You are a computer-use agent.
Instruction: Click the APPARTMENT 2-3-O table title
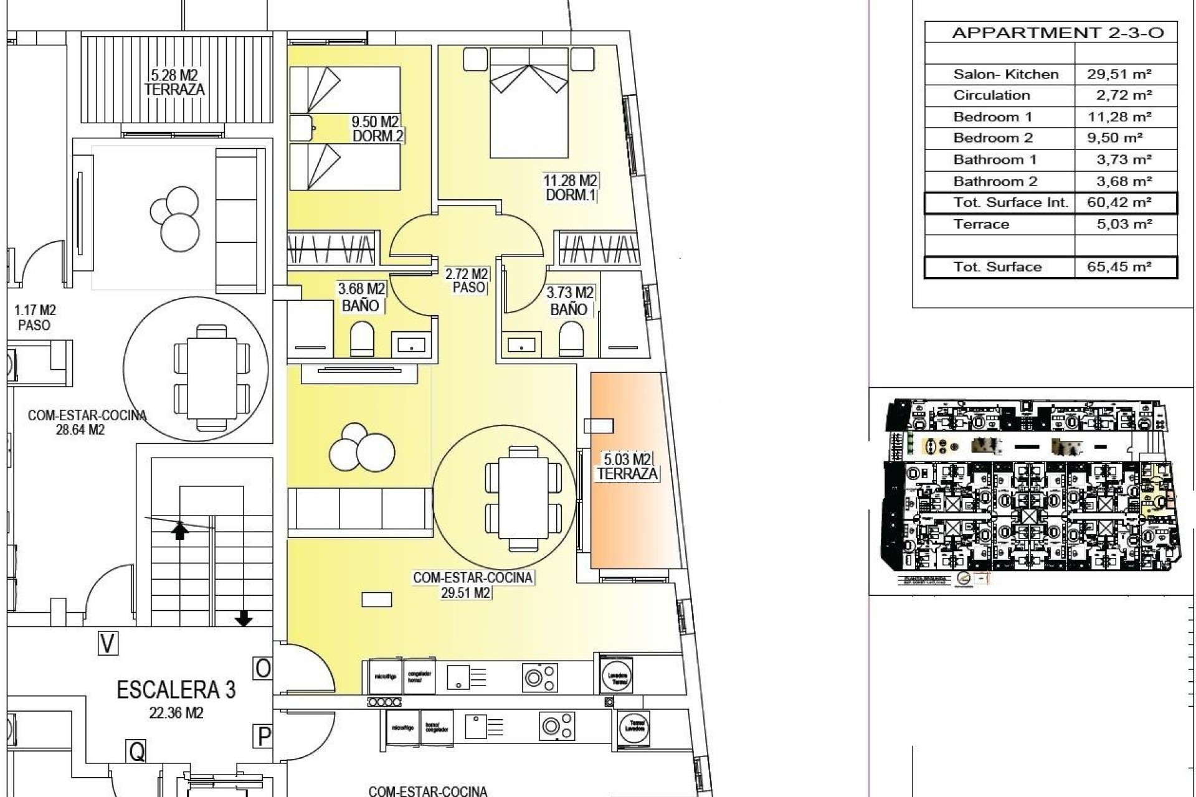point(1057,33)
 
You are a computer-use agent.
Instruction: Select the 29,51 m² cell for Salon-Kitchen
point(1119,74)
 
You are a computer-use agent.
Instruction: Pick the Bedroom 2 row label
point(992,138)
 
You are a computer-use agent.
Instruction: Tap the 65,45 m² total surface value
point(1119,267)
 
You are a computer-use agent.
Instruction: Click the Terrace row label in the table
point(980,224)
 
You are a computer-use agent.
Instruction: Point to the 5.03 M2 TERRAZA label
point(627,467)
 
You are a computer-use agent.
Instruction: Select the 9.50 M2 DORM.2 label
point(376,129)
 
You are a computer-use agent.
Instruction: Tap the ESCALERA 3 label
point(176,690)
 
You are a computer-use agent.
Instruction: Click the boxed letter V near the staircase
point(108,643)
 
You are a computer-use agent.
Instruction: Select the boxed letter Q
point(136,752)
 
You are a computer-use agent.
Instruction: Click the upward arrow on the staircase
point(180,530)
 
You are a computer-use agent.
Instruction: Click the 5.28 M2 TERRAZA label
point(174,82)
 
